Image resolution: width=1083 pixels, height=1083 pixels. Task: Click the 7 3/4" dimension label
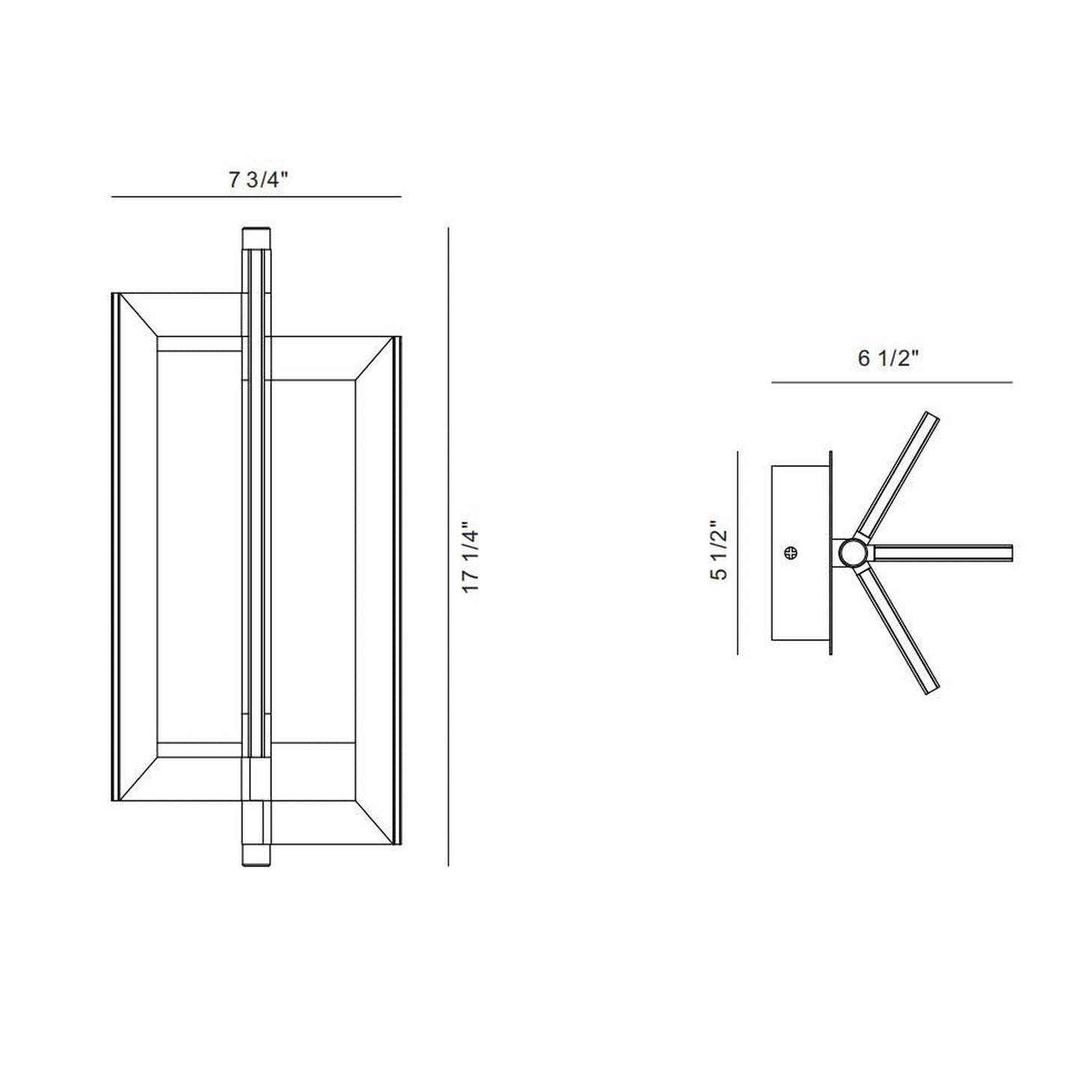click(x=258, y=181)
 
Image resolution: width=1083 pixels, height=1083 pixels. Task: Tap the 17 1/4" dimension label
click(x=471, y=558)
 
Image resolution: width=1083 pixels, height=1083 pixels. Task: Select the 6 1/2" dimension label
click(x=888, y=359)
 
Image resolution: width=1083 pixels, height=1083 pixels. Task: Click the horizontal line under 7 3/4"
click(x=256, y=196)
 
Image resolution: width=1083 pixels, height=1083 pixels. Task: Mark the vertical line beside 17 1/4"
click(x=448, y=547)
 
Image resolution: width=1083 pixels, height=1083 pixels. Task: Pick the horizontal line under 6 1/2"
click(x=891, y=383)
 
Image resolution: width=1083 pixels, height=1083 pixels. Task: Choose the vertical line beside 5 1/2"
click(x=738, y=553)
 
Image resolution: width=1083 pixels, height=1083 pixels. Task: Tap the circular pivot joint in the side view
click(x=851, y=554)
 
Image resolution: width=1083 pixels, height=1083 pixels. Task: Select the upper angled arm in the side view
click(x=899, y=472)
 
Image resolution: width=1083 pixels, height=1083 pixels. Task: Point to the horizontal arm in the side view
click(x=944, y=553)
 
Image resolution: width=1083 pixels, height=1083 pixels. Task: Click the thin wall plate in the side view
click(x=830, y=553)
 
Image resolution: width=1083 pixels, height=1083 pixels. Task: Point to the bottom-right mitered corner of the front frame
click(x=375, y=821)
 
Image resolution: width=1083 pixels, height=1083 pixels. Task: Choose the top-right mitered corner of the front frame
click(x=375, y=360)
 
